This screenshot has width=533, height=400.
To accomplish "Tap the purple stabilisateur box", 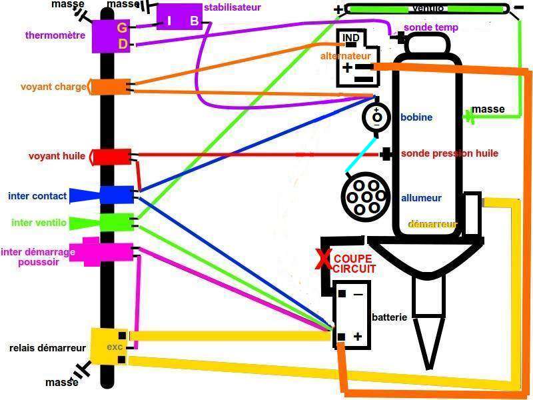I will pyautogui.click(x=179, y=17).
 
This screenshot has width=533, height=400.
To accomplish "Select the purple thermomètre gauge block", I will pyautogui.click(x=109, y=35).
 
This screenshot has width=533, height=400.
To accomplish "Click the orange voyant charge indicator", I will pyautogui.click(x=110, y=87).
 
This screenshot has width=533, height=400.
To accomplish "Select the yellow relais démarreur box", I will pyautogui.click(x=108, y=345).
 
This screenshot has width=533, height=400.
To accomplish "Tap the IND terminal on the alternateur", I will pyautogui.click(x=350, y=38).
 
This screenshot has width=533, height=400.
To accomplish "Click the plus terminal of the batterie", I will pyautogui.click(x=358, y=337).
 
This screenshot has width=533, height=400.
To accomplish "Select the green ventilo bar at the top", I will pyautogui.click(x=426, y=9).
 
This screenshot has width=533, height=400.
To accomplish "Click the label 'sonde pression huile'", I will pyautogui.click(x=449, y=153).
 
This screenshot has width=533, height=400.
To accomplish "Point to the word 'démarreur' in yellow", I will pyautogui.click(x=431, y=224).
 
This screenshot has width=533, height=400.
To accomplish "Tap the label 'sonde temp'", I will pyautogui.click(x=431, y=28).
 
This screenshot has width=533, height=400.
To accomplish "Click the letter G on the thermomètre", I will pyautogui.click(x=121, y=27).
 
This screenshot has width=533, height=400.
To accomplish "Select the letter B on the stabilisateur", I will pyautogui.click(x=194, y=21).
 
